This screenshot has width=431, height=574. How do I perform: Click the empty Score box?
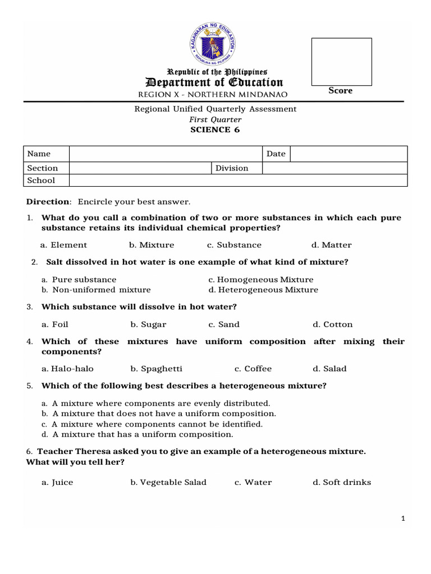(341, 62)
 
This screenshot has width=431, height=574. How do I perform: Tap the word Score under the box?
(341, 91)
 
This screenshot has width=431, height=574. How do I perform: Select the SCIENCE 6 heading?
(215, 129)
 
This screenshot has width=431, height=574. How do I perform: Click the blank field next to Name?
(166, 154)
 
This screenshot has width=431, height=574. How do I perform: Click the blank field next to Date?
(348, 154)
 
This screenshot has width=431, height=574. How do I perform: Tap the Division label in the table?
(232, 168)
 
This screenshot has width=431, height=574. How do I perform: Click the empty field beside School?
(239, 180)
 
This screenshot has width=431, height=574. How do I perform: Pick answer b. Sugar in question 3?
(148, 325)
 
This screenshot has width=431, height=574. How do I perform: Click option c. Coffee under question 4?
(253, 369)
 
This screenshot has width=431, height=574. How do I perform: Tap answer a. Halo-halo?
(67, 369)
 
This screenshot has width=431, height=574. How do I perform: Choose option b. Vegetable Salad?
(168, 483)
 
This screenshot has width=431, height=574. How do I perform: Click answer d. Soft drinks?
(342, 483)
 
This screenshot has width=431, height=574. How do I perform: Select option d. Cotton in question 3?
(333, 325)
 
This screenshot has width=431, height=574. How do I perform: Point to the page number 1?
(403, 519)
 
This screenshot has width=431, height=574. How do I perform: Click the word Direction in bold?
(48, 202)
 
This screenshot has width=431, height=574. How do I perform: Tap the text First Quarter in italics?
(215, 119)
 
